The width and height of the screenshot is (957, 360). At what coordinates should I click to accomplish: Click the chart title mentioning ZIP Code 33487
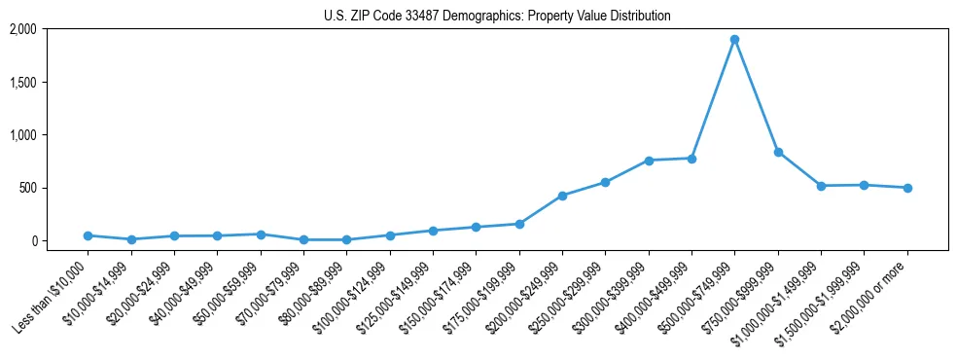point(497,17)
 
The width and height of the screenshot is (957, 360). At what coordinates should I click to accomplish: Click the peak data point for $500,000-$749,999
point(734,40)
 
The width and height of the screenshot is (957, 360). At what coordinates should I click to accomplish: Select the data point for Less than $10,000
point(88,235)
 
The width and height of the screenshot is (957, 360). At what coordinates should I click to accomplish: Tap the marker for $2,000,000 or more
point(907,188)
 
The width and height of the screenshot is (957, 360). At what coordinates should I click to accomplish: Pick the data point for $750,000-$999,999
point(778,152)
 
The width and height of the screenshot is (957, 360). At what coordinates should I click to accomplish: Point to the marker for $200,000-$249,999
point(562,196)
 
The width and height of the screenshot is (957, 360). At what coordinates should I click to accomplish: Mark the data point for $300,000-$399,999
point(649,161)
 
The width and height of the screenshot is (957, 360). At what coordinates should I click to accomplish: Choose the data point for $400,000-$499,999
point(691,158)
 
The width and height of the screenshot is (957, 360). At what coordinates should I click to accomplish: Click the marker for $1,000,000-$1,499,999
point(821,186)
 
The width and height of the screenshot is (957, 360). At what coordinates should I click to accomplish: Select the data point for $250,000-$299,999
point(605,182)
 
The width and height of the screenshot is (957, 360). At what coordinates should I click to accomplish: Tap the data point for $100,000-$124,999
point(390,235)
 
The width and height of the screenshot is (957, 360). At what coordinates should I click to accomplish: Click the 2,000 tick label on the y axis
point(23,30)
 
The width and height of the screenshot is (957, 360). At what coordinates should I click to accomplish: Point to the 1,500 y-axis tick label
point(23,83)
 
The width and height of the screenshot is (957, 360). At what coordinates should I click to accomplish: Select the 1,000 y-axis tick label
point(23,135)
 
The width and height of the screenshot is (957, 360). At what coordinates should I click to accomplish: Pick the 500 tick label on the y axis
point(28,188)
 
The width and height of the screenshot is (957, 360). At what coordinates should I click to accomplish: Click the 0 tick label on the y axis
point(33,240)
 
